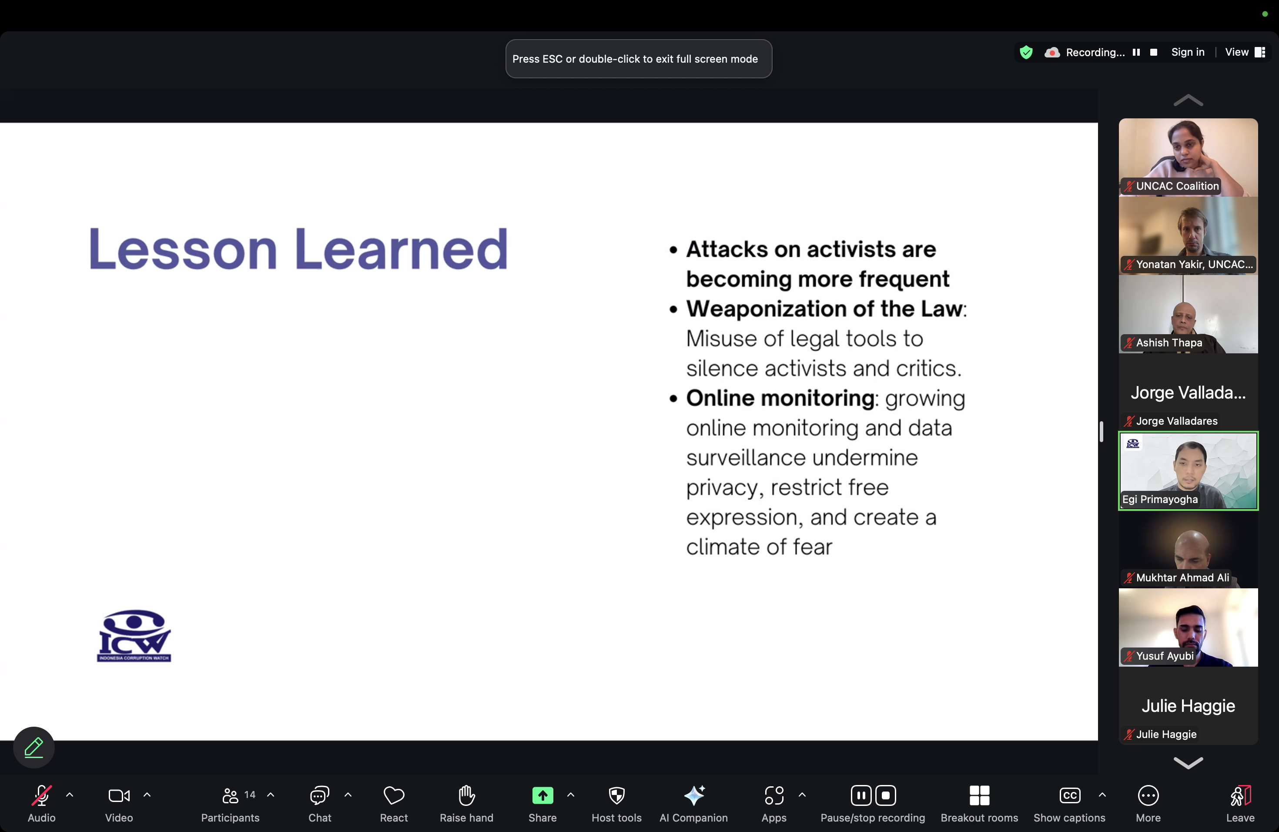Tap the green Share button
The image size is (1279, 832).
pos(542,795)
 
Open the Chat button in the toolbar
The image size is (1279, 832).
pos(319,795)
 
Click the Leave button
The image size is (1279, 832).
pos(1240,795)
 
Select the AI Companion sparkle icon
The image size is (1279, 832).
pos(694,795)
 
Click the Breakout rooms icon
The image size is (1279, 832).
pos(979,795)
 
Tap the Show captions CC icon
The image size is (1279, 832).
pos(1069,795)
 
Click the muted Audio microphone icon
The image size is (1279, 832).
pos(41,795)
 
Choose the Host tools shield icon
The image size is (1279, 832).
pos(616,795)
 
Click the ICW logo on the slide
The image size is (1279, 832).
pos(134,635)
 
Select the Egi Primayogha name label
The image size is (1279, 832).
pos(1160,499)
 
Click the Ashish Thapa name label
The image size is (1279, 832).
pos(1169,343)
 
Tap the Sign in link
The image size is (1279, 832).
pos(1188,52)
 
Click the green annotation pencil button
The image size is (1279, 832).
pos(34,747)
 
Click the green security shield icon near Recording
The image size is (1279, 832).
pos(1026,52)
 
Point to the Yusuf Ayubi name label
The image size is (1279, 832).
pos(1165,656)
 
